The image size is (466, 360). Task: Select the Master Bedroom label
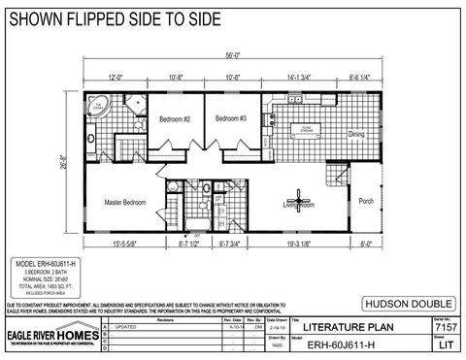[125, 202]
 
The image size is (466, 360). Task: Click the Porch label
[366, 202]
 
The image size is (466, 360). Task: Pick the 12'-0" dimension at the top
[116, 75]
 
